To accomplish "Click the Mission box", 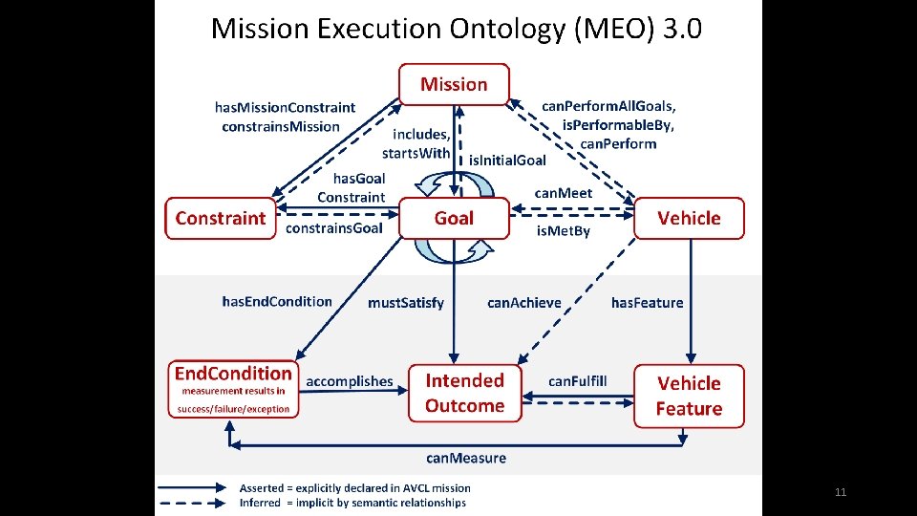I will [x=454, y=84].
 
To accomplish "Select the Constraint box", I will [x=221, y=218].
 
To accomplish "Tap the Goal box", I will [x=454, y=218].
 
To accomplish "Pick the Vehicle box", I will [x=689, y=218].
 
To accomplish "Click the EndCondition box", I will [x=233, y=389].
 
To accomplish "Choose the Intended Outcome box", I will [x=465, y=393].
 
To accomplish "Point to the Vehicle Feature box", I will [x=689, y=396].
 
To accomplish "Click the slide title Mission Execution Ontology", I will [x=457, y=29].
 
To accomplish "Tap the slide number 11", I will [x=841, y=492].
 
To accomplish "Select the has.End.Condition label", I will [x=277, y=302].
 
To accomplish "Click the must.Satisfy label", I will [x=406, y=303].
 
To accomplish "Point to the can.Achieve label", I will [x=524, y=303].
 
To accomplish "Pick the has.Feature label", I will [x=648, y=303].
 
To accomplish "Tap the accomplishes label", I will [x=350, y=381].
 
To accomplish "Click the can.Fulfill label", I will [x=577, y=381].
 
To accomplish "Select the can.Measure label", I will [x=466, y=458].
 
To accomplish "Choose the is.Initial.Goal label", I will [x=507, y=161].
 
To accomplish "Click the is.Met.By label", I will [x=564, y=230].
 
